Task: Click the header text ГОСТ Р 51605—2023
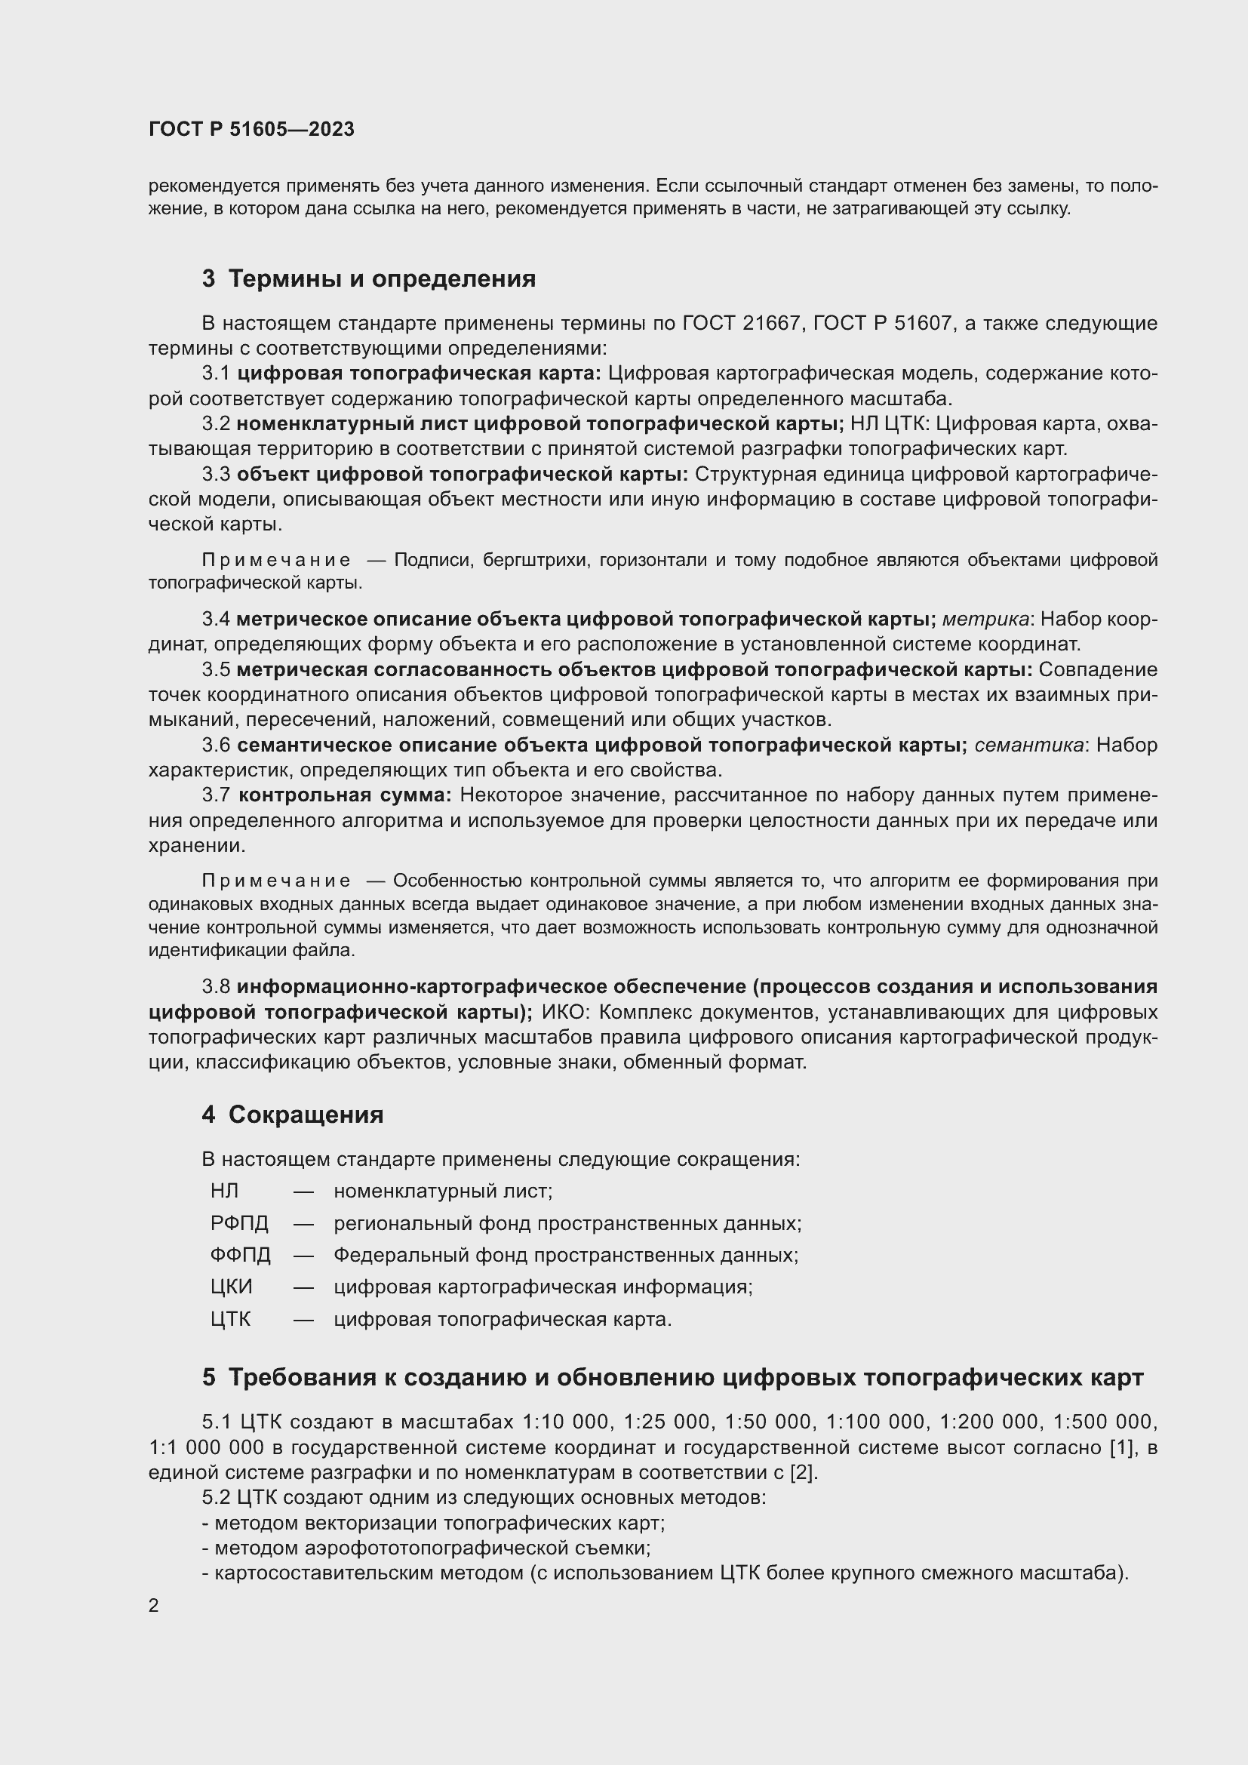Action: [x=251, y=129]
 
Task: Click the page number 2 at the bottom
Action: [x=154, y=1605]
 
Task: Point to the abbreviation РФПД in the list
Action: [x=239, y=1223]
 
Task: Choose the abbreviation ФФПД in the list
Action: [x=241, y=1256]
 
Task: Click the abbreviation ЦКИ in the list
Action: [x=232, y=1287]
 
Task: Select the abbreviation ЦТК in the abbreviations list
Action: [x=231, y=1319]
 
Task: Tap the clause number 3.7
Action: [x=216, y=795]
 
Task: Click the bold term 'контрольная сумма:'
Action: [x=345, y=795]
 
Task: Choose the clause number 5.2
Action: [x=216, y=1497]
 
